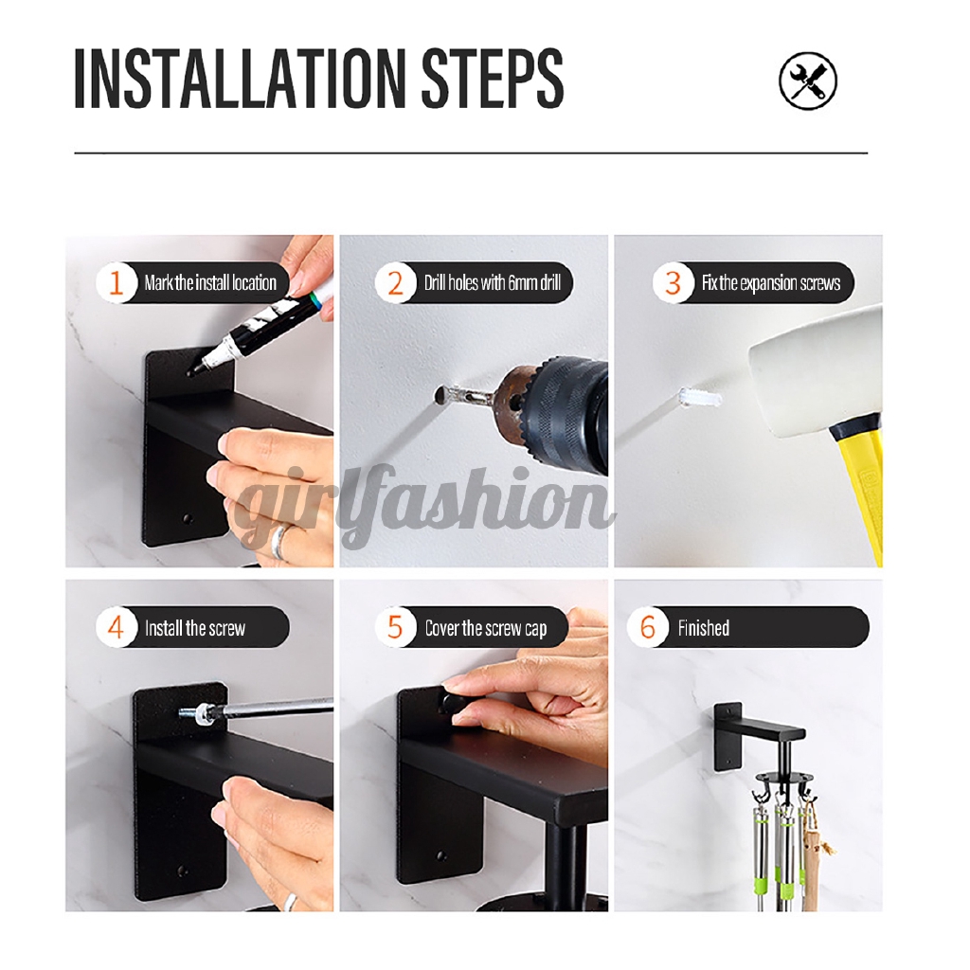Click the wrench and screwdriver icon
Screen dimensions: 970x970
click(x=808, y=81)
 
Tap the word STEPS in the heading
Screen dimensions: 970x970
click(x=493, y=81)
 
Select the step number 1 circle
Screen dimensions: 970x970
click(x=117, y=283)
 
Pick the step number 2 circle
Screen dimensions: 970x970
click(x=395, y=283)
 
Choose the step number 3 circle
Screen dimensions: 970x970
click(x=673, y=283)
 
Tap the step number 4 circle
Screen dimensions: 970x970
click(x=117, y=628)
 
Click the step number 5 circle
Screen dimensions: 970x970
click(x=395, y=628)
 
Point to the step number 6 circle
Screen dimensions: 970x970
click(x=649, y=628)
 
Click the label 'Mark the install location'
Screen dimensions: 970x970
click(x=210, y=283)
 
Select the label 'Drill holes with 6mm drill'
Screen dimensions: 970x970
click(x=493, y=283)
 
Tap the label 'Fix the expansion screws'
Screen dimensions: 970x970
click(x=770, y=283)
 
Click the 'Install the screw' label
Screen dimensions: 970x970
click(x=195, y=628)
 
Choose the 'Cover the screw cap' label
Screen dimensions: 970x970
click(x=485, y=628)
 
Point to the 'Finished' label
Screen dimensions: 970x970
click(x=703, y=628)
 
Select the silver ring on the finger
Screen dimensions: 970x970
click(x=280, y=541)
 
